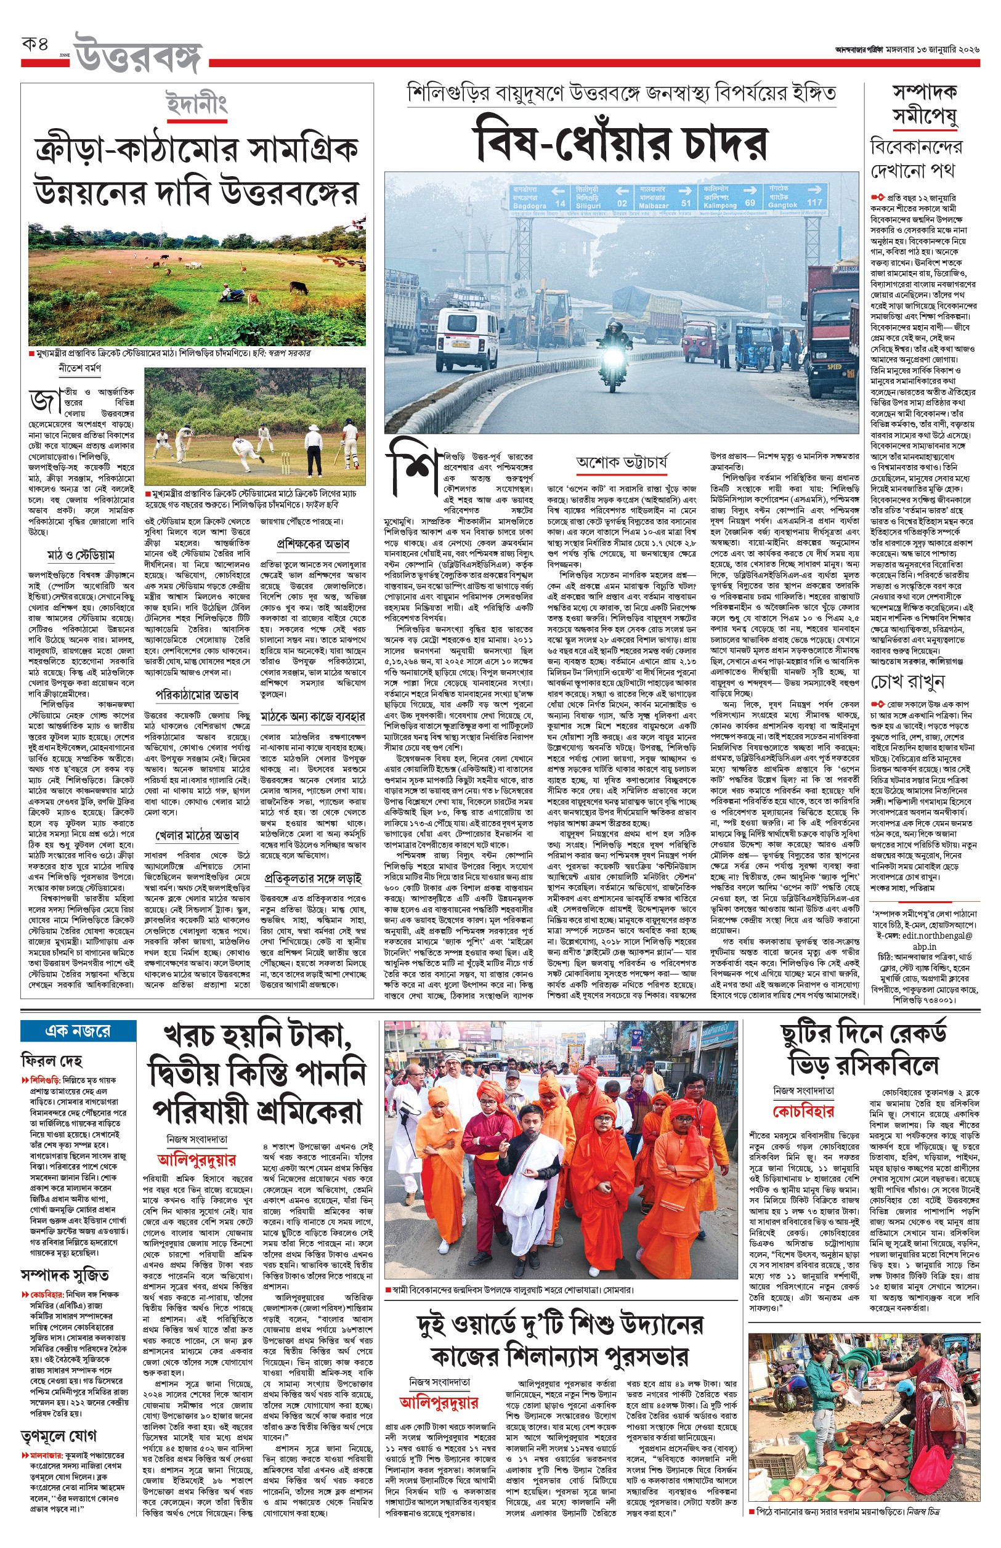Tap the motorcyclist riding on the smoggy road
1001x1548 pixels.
(x=612, y=351)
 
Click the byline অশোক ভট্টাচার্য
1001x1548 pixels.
(x=622, y=462)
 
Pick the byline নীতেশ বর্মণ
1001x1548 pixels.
(x=80, y=368)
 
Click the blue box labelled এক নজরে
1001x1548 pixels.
(x=78, y=1031)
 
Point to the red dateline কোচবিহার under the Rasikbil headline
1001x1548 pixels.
(x=803, y=1111)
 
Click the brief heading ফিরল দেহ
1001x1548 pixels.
(x=52, y=1061)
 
